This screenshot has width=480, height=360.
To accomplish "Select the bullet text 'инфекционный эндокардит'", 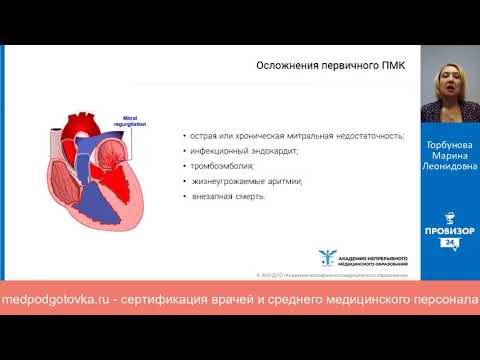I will (x=236, y=150).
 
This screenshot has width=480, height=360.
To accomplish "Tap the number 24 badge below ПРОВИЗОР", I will (x=450, y=242).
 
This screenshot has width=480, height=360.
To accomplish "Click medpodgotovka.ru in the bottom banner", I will (x=55, y=300).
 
